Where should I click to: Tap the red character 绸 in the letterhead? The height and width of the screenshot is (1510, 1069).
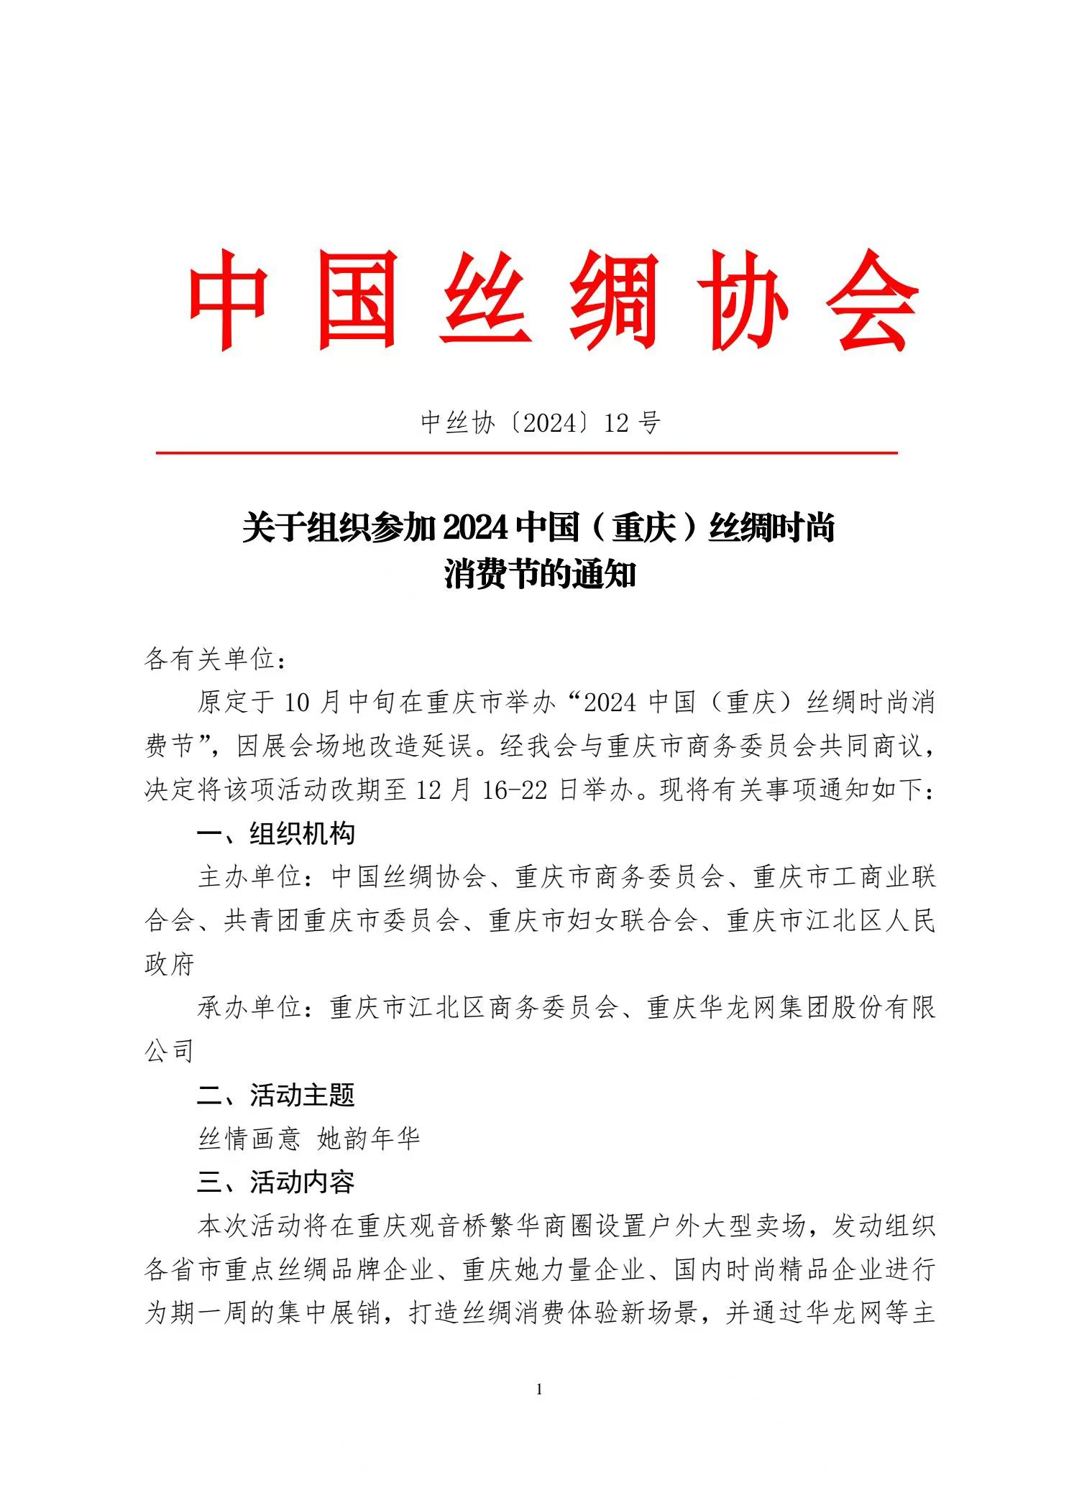pyautogui.click(x=615, y=300)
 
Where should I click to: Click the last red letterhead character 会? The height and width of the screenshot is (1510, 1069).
pyautogui.click(x=872, y=300)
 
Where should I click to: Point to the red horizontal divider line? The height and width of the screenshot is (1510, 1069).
pyautogui.click(x=527, y=453)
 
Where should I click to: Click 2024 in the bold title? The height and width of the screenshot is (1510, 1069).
pyautogui.click(x=476, y=528)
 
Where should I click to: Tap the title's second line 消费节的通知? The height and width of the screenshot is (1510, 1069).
pyautogui.click(x=540, y=575)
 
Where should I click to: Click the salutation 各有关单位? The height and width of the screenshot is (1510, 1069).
pyautogui.click(x=209, y=658)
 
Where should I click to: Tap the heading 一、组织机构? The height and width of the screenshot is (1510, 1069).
pyautogui.click(x=276, y=833)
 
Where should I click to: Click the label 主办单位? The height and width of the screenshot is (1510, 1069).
pyautogui.click(x=249, y=877)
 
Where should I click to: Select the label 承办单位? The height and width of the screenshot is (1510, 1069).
pyautogui.click(x=249, y=1008)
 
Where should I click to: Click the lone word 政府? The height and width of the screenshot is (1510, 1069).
pyautogui.click(x=170, y=965)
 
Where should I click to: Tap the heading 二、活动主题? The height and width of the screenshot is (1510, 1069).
pyautogui.click(x=276, y=1096)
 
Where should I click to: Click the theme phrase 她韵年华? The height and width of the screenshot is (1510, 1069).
pyautogui.click(x=369, y=1139)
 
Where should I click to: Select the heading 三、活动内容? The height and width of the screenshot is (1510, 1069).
pyautogui.click(x=276, y=1182)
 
